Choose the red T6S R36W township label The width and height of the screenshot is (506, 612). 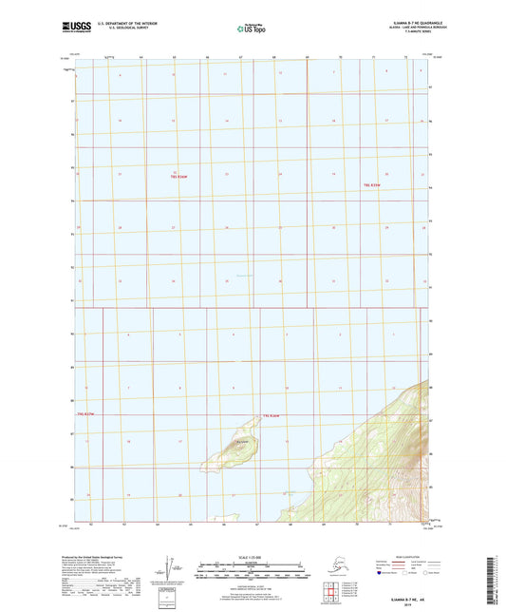tap(274, 415)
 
